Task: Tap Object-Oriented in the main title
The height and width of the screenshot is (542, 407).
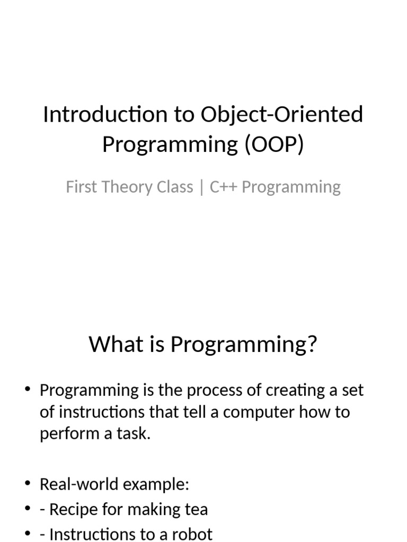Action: click(282, 115)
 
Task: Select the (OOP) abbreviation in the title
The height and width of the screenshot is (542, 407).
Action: click(274, 144)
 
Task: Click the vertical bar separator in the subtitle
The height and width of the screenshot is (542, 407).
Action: click(201, 187)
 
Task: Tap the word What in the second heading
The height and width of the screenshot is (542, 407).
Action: click(110, 345)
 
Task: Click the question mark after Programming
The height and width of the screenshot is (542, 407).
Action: click(312, 345)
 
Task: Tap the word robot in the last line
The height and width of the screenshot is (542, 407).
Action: click(190, 534)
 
